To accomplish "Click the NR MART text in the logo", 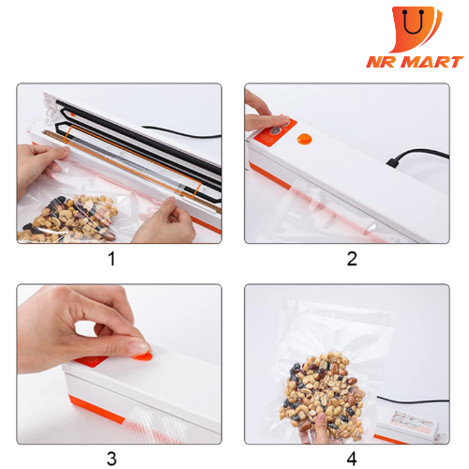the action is click(x=415, y=62).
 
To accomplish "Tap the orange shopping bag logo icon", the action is click(x=416, y=29).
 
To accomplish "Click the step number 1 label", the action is click(x=112, y=259).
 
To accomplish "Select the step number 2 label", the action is click(x=352, y=259).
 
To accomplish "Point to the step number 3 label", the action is click(x=112, y=459).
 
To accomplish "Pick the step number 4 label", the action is click(x=352, y=459).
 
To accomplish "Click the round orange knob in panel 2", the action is click(x=304, y=140).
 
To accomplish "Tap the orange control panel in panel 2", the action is click(x=274, y=132).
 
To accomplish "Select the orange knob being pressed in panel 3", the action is click(x=144, y=356).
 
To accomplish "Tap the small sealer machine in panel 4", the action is click(x=408, y=426).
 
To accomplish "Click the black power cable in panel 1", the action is click(x=181, y=132).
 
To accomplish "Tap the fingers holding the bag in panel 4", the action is click(x=316, y=429).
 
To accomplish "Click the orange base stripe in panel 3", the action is click(x=97, y=409).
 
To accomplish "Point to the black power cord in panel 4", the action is click(x=413, y=401).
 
